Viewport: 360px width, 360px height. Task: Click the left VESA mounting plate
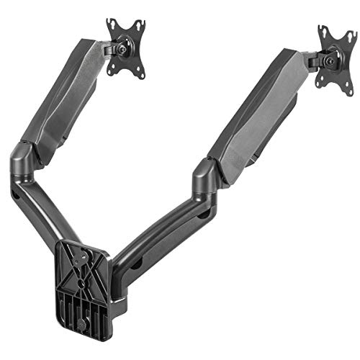tap(126, 48)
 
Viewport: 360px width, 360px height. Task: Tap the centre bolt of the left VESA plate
tap(127, 50)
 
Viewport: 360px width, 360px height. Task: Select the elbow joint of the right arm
tap(206, 176)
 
